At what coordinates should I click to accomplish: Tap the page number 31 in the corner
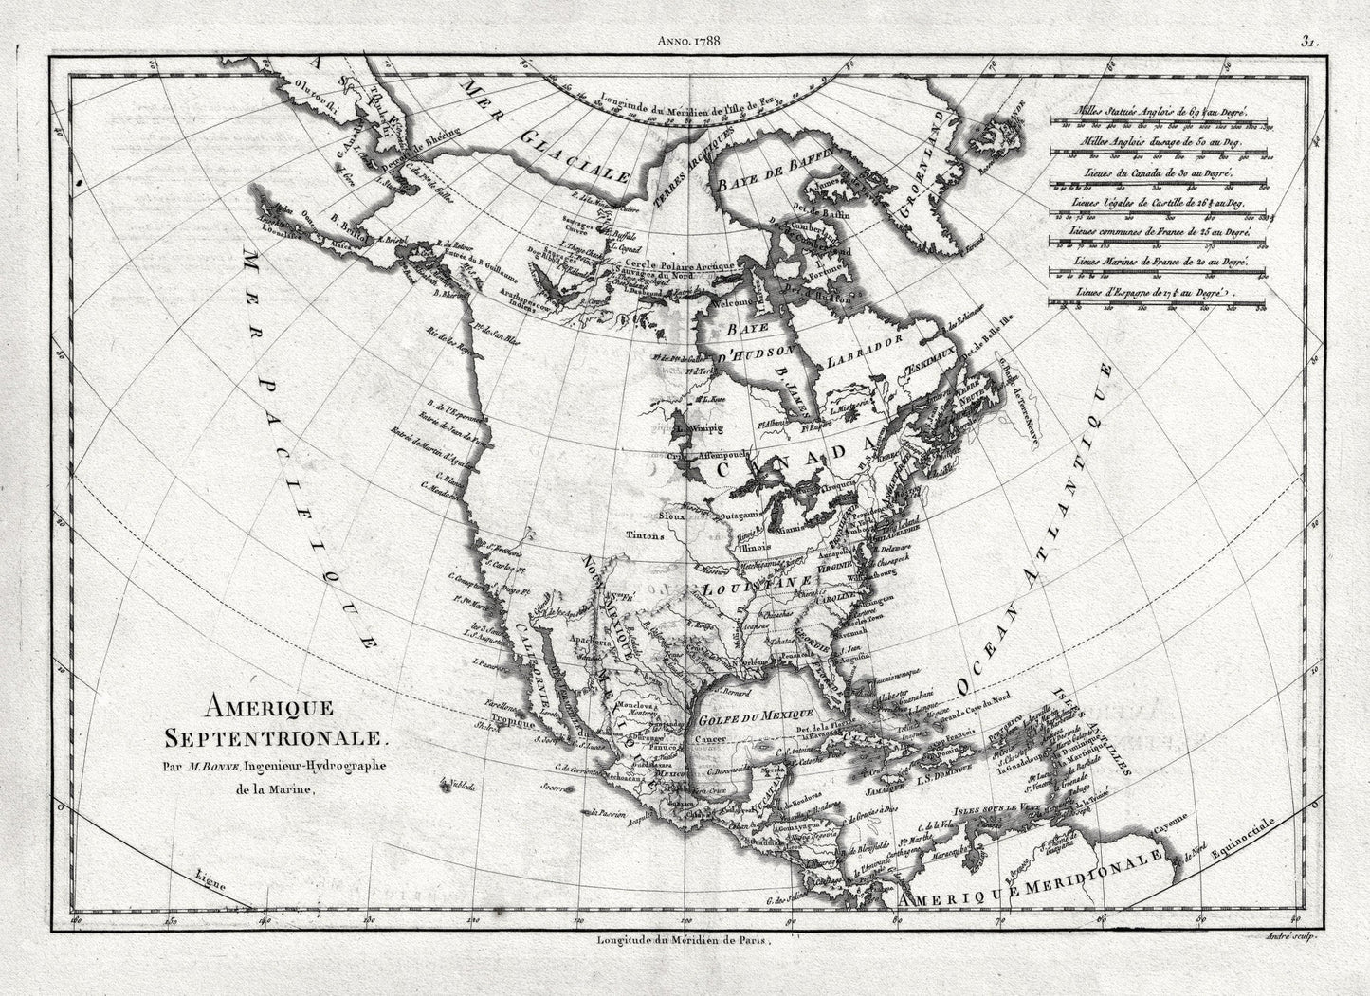click(1311, 15)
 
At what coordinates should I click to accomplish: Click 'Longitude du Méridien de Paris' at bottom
click(686, 941)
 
